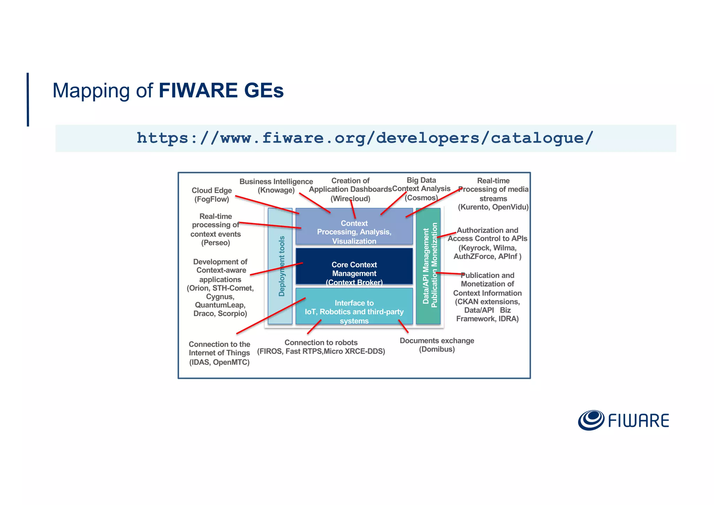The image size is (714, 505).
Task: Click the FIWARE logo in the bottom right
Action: [x=623, y=420]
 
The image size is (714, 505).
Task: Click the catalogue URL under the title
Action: [x=365, y=138]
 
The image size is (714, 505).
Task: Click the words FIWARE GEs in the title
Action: [x=221, y=90]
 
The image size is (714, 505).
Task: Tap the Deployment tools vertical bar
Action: [x=280, y=266]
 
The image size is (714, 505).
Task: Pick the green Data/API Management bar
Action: [x=428, y=266]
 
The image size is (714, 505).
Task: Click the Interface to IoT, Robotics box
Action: [x=354, y=306]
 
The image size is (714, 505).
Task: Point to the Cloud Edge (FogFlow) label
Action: [x=212, y=195]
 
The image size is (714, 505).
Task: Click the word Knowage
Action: [x=276, y=190]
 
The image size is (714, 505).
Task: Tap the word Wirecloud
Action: [x=350, y=199]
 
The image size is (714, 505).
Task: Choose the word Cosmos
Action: [x=421, y=198]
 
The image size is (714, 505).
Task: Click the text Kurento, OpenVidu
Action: [x=493, y=207]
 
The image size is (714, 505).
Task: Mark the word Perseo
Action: [x=215, y=243]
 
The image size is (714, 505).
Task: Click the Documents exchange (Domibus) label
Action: [x=437, y=345]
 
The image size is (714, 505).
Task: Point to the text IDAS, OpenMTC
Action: [x=219, y=362]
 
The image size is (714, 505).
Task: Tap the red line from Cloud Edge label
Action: [x=267, y=205]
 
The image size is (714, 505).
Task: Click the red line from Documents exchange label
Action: [x=403, y=326]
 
